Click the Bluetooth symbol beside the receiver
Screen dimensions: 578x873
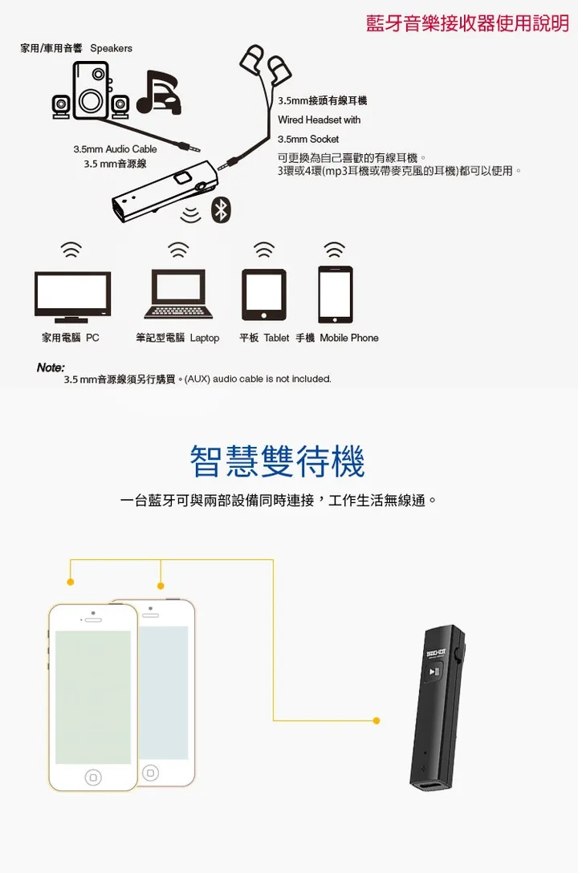click(x=221, y=210)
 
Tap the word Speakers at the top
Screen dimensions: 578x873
click(x=112, y=48)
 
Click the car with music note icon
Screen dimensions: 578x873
click(x=159, y=92)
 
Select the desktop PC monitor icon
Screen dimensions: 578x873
click(x=72, y=297)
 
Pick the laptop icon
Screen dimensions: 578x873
click(x=178, y=294)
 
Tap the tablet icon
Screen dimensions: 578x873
click(x=264, y=294)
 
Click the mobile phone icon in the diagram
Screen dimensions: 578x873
click(x=336, y=294)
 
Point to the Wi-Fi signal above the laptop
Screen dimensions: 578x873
click(x=178, y=250)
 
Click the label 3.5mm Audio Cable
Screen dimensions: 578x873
click(x=116, y=149)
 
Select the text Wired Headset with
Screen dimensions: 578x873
click(x=319, y=120)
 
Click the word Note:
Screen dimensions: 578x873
click(x=51, y=367)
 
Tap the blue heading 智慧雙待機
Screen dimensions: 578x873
click(x=277, y=461)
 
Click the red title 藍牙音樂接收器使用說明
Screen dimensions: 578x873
click(x=468, y=23)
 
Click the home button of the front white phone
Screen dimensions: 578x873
click(x=93, y=777)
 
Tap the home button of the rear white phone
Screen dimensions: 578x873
click(x=150, y=773)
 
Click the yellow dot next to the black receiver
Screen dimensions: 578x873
click(x=377, y=721)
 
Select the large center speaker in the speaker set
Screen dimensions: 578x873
click(x=90, y=90)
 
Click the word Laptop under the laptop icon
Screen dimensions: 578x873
click(x=205, y=338)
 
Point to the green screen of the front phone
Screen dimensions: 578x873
click(x=93, y=697)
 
